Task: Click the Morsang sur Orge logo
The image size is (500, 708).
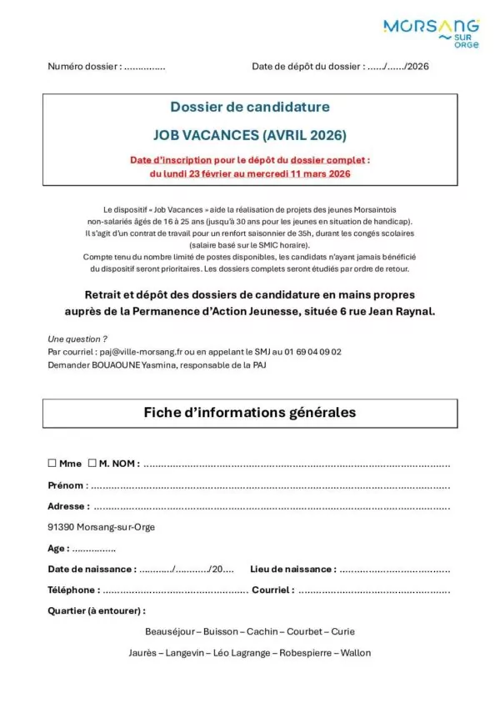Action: (430, 33)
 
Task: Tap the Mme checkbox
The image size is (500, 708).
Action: (52, 463)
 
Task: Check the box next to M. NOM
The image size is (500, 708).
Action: (92, 463)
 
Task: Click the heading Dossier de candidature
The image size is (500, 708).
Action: (250, 107)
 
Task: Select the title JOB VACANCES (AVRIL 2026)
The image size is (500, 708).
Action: (250, 134)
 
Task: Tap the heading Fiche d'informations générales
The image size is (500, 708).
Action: (250, 413)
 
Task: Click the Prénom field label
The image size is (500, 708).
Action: (66, 485)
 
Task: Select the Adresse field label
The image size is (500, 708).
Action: (67, 505)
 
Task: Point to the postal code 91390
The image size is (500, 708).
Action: (62, 527)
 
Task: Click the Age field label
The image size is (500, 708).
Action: (57, 549)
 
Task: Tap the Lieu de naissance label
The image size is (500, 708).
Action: (292, 569)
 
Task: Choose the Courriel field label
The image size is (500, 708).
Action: (272, 590)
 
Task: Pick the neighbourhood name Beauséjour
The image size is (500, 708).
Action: (169, 631)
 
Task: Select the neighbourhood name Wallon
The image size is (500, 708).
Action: (354, 653)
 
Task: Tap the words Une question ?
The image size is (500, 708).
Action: (77, 339)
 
